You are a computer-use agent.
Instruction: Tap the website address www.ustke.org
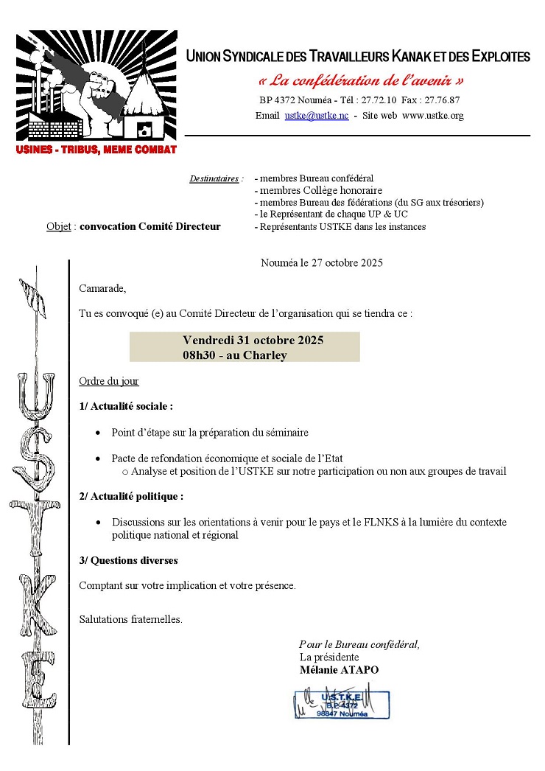(433, 116)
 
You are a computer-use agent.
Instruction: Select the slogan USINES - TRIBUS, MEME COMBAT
(96, 150)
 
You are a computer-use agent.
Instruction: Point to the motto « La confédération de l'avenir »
(361, 80)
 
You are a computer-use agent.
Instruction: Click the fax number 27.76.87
(440, 100)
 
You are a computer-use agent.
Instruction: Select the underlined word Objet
(58, 226)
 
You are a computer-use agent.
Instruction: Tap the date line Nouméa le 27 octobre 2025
(322, 262)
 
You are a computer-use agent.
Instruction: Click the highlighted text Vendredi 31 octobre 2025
(253, 341)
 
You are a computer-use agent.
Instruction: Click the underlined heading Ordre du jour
(109, 381)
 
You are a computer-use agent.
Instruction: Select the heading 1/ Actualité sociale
(126, 406)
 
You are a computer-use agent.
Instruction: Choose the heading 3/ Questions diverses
(128, 560)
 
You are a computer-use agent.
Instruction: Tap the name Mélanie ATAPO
(340, 670)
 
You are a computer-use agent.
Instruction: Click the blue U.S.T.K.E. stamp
(342, 704)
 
